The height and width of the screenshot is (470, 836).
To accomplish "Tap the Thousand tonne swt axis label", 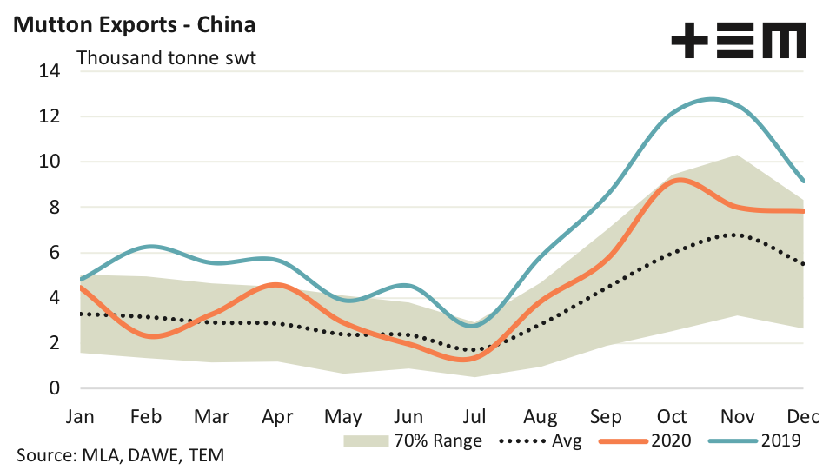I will [x=167, y=58].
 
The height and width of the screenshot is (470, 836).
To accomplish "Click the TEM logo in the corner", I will [x=738, y=41].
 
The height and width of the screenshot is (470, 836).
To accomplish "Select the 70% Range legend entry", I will [x=412, y=440].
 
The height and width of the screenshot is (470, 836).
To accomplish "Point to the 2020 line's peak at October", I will [x=679, y=180].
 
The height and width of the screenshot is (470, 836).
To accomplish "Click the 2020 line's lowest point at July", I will [x=461, y=359].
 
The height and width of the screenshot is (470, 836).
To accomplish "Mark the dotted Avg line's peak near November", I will [x=735, y=235].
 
